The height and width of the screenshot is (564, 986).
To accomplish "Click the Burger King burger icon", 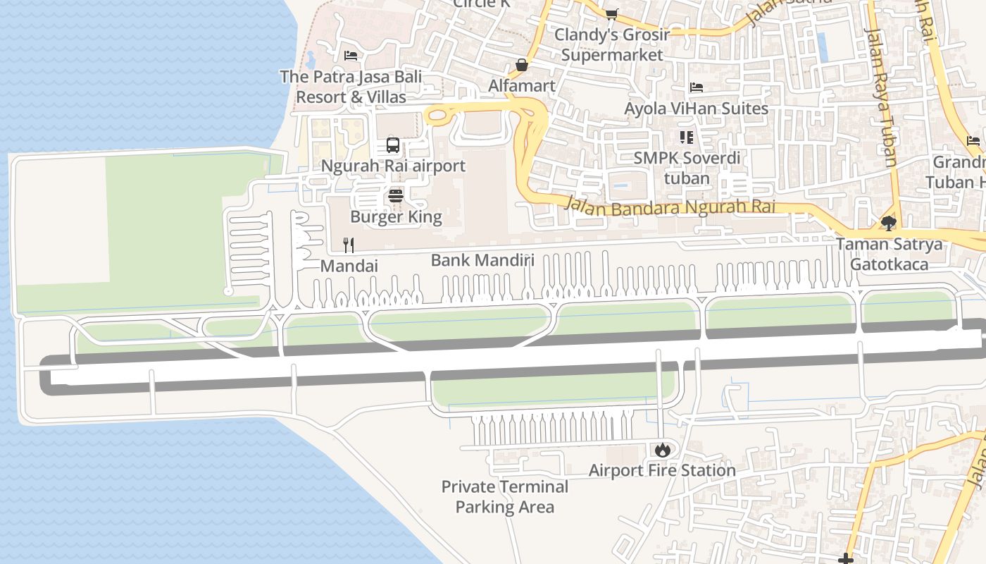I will coord(396,195).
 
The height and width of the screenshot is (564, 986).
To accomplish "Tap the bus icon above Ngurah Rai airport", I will coord(393,145).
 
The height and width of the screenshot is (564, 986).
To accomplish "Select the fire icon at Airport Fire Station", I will coord(662,449).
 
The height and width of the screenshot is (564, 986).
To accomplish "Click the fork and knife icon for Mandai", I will coord(349,245).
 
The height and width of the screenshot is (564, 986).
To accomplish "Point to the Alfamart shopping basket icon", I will coord(522,65).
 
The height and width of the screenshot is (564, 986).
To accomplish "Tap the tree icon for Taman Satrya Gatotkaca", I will coord(889,223).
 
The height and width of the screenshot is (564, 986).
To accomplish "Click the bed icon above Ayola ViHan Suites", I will coord(697,87).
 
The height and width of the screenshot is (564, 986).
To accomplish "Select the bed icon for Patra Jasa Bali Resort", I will coord(351,56).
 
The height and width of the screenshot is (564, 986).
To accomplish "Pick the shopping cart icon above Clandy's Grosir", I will coord(611,14).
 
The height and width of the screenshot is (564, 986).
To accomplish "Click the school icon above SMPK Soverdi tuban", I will coord(686,137).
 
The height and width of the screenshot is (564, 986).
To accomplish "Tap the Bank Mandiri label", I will coord(482,260).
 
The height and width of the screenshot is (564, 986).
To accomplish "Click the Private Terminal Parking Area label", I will coord(504,496).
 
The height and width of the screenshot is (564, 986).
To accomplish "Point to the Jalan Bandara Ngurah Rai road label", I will coord(670,207).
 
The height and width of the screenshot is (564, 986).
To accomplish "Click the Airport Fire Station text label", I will coord(662,470).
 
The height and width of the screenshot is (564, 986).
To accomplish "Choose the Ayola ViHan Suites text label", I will coord(696,109).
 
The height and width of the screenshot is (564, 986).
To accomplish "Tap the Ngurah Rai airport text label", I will coord(393,166).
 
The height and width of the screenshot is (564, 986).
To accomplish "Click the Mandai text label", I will coord(349,266).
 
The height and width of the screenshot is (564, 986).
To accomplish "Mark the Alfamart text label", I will coord(522,85).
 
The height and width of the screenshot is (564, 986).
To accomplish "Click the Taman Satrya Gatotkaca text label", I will coord(889,254).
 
